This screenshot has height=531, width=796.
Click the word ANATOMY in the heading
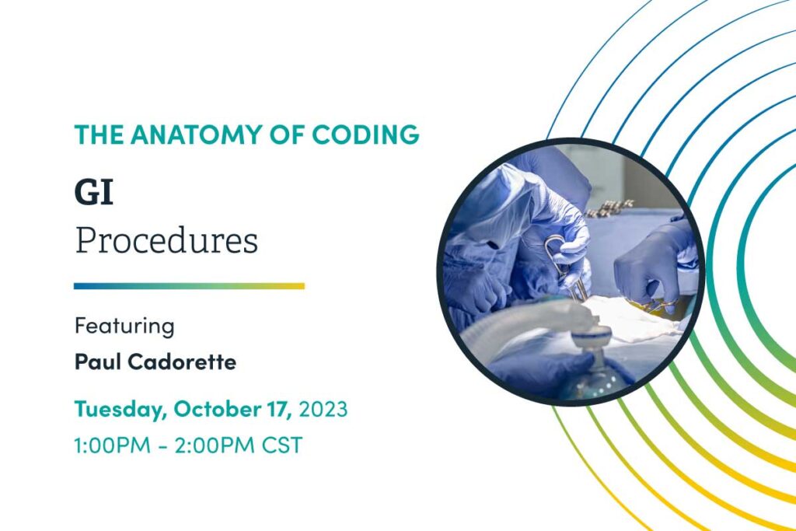point(195,134)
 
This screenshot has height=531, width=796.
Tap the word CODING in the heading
point(365,134)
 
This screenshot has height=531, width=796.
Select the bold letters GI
point(93,192)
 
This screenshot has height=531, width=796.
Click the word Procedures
point(166,240)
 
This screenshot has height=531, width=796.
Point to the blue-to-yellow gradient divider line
point(189,286)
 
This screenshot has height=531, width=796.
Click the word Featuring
point(124,326)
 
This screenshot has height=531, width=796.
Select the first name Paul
point(99,362)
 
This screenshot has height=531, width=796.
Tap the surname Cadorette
point(182,362)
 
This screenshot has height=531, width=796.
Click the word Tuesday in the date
point(120,409)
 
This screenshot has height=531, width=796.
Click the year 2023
point(323,409)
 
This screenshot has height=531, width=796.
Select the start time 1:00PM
point(112,445)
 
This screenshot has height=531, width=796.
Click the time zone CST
point(282,445)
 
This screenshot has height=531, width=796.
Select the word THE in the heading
point(99,134)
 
